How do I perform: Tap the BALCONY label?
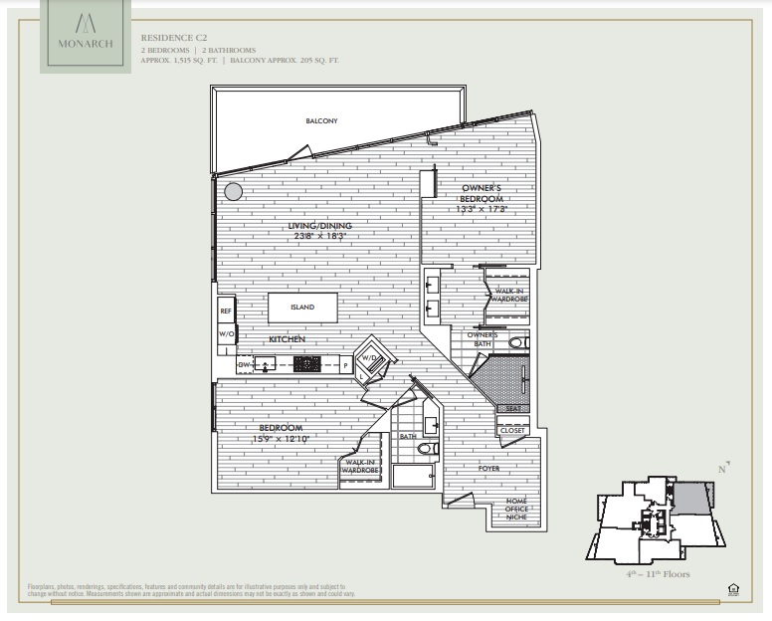point(321,121)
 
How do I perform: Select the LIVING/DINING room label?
point(320,226)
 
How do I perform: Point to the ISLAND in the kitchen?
point(302,308)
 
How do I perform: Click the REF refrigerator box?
point(226,310)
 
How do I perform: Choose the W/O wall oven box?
point(226,335)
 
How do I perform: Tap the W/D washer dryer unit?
point(370,360)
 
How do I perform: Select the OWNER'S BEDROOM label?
point(486,193)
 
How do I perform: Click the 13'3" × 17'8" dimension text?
point(482,210)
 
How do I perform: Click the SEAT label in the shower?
point(514,409)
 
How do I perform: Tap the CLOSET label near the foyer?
point(512,431)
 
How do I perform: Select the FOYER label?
point(488,468)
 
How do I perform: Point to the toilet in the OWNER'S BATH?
point(515,343)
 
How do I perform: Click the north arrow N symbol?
point(723,467)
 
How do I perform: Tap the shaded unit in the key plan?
point(692,499)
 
